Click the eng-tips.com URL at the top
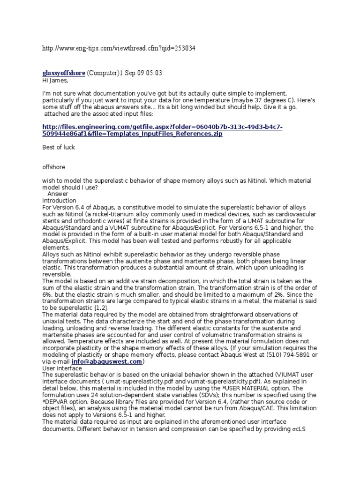click(x=119, y=48)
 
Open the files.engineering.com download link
click(x=162, y=131)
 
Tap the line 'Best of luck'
click(x=59, y=147)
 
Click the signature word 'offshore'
click(x=54, y=167)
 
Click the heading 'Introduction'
click(x=59, y=201)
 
